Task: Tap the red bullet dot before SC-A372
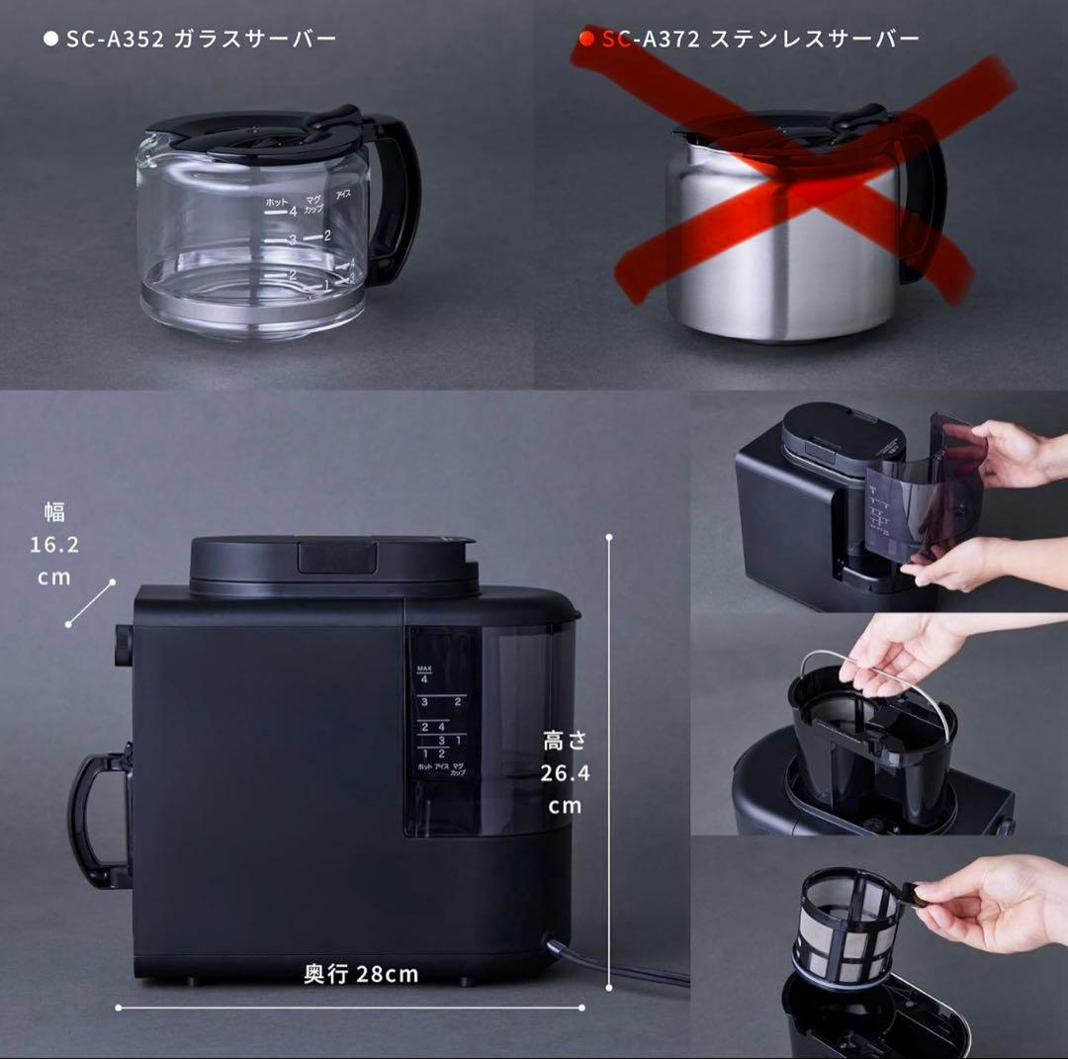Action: tap(585, 40)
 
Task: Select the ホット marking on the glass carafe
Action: tap(276, 203)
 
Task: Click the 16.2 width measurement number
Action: tap(54, 545)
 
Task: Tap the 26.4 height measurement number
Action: tap(566, 773)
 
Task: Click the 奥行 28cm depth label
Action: tap(361, 975)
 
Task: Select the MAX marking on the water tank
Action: tap(425, 668)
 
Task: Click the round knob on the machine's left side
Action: tap(123, 645)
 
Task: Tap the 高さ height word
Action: tap(565, 740)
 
